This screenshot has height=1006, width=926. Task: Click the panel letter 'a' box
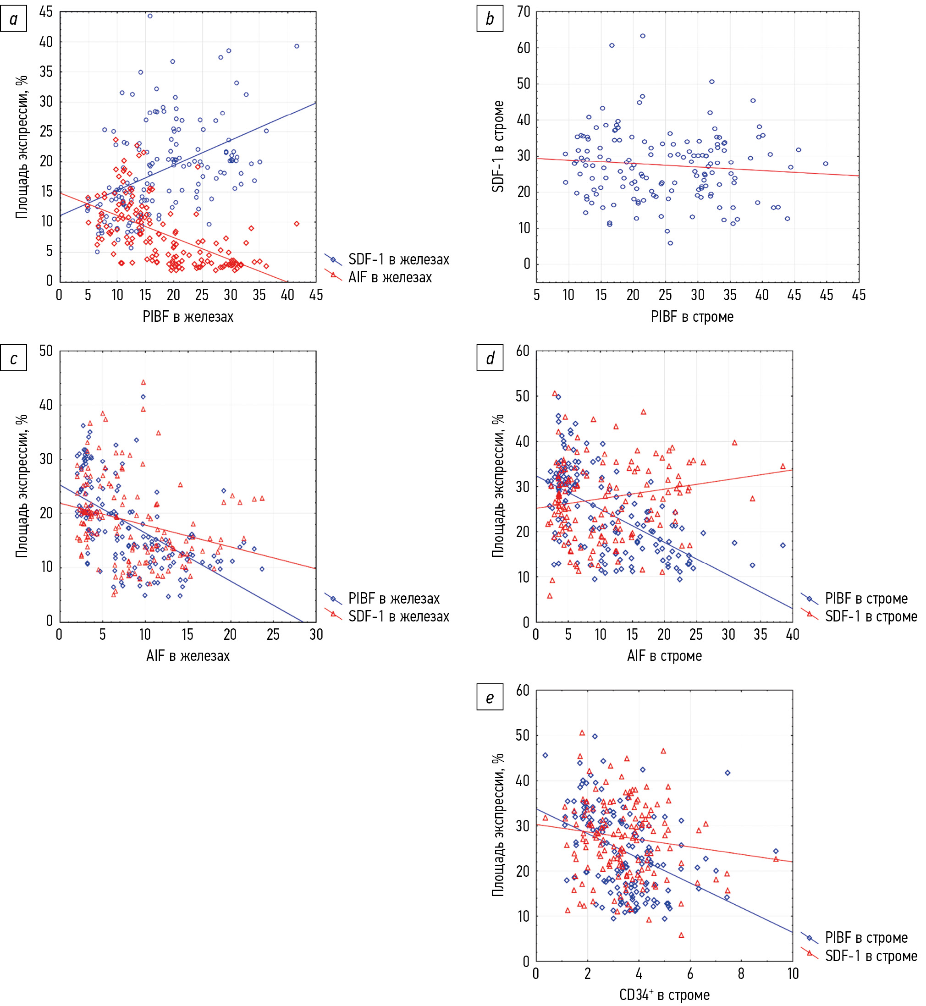click(x=14, y=19)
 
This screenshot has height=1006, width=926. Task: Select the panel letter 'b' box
click(x=490, y=19)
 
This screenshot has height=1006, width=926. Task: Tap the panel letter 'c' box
click(x=14, y=358)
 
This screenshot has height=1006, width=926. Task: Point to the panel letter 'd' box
click(x=490, y=358)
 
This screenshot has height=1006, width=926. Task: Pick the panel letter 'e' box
click(x=490, y=698)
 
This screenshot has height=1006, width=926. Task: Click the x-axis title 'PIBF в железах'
click(x=188, y=317)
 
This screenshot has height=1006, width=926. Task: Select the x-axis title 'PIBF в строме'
click(x=692, y=317)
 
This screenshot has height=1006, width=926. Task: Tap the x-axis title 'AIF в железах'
click(x=188, y=656)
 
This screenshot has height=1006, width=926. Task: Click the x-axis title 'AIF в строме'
click(x=664, y=656)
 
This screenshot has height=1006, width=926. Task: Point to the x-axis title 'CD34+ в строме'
click(x=664, y=995)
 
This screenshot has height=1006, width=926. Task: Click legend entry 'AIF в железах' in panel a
click(x=390, y=277)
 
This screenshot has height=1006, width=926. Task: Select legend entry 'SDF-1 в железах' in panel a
click(x=399, y=259)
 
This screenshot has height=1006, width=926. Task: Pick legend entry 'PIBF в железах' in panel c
click(x=394, y=598)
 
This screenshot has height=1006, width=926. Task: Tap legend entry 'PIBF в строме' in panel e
click(x=866, y=937)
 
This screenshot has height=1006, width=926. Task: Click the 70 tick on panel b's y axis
click(x=524, y=12)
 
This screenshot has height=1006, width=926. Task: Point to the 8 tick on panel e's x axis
click(x=741, y=974)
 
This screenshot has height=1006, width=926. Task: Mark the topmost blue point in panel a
click(x=150, y=16)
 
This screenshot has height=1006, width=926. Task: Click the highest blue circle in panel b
click(x=643, y=36)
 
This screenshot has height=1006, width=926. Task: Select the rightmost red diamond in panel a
click(x=297, y=224)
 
